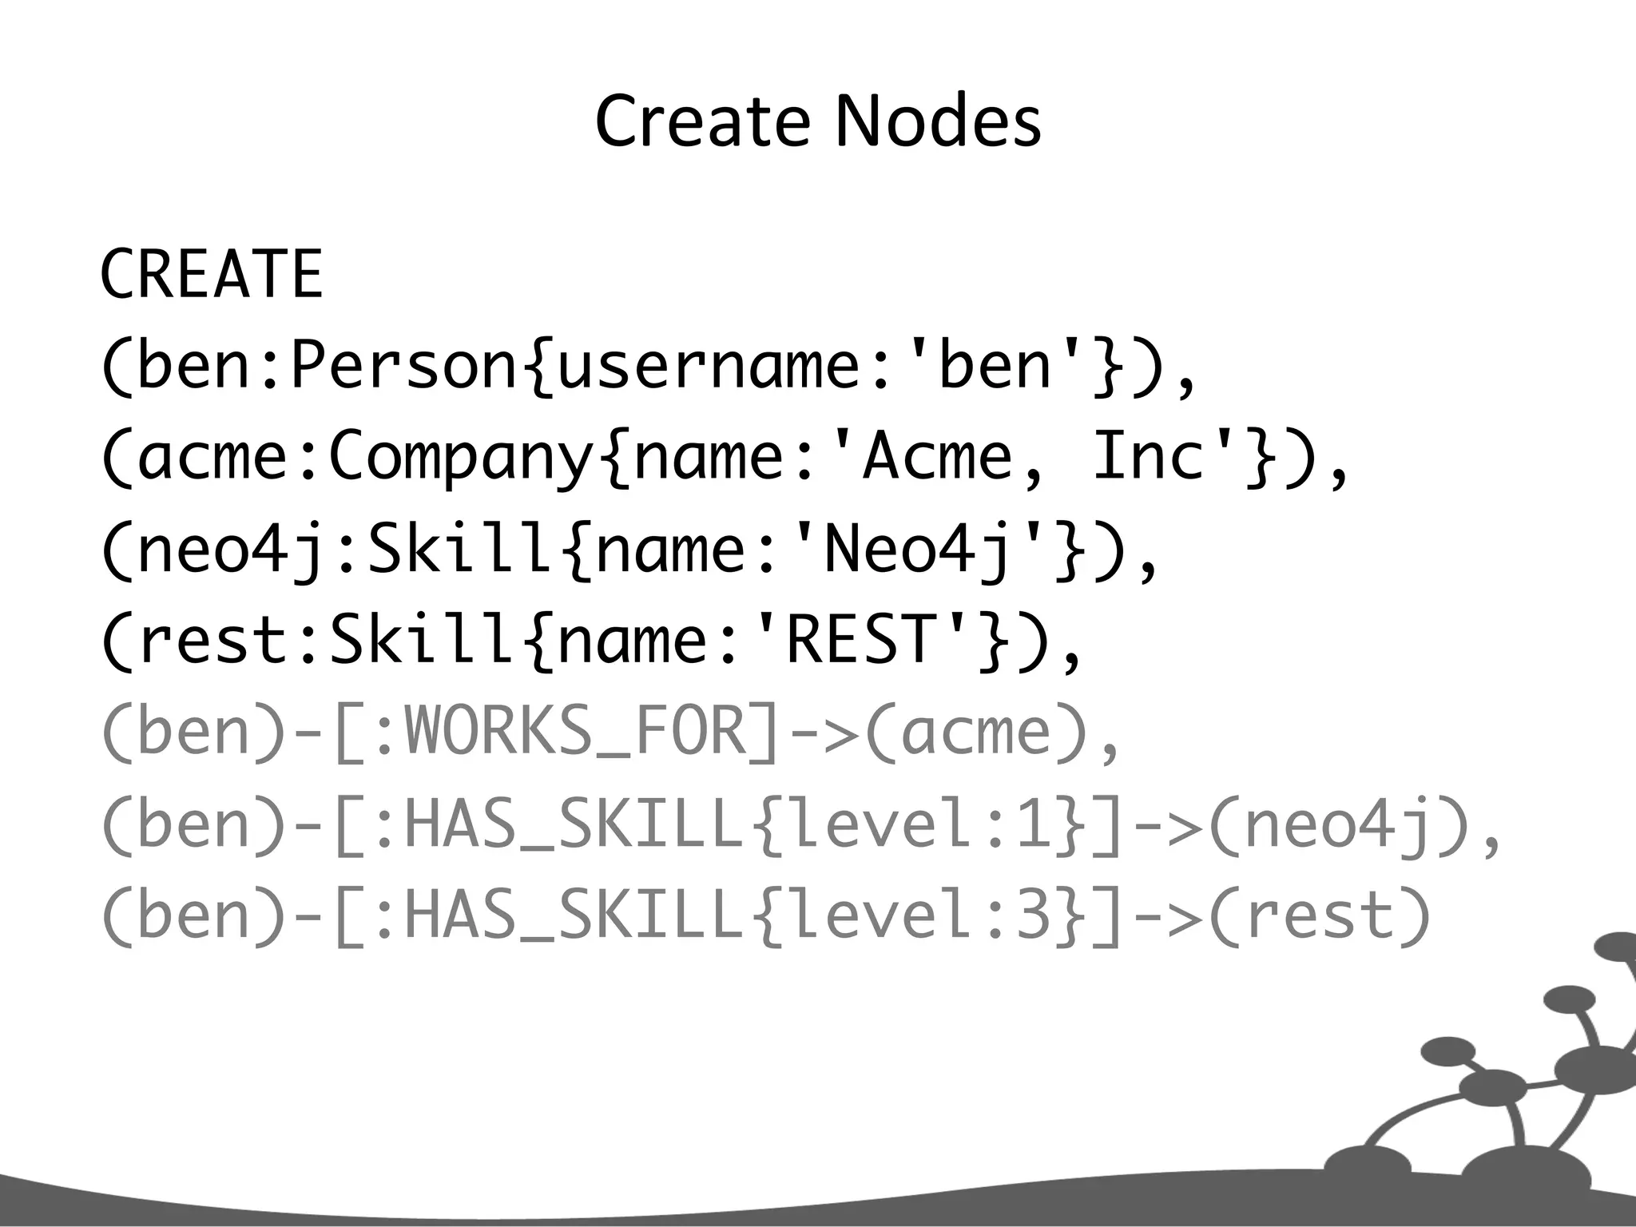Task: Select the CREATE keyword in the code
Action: (x=212, y=274)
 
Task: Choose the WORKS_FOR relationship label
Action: (x=575, y=733)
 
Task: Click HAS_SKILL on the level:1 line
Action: (x=575, y=824)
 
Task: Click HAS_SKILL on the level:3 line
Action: (x=575, y=916)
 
